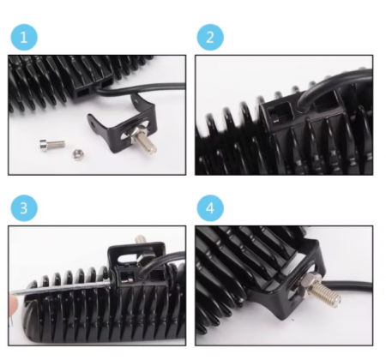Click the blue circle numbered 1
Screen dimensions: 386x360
(x=24, y=37)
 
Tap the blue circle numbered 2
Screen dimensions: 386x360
(x=210, y=37)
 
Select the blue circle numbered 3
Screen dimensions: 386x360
(x=24, y=208)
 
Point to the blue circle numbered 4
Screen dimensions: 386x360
(x=210, y=208)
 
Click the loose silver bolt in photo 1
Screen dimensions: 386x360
(x=52, y=144)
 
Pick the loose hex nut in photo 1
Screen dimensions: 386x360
(x=77, y=154)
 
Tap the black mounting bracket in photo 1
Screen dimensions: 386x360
(x=124, y=123)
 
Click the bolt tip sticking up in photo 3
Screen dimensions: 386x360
(x=141, y=239)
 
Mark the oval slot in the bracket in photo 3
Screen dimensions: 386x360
(x=127, y=259)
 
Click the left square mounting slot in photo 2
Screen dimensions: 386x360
(x=280, y=113)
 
